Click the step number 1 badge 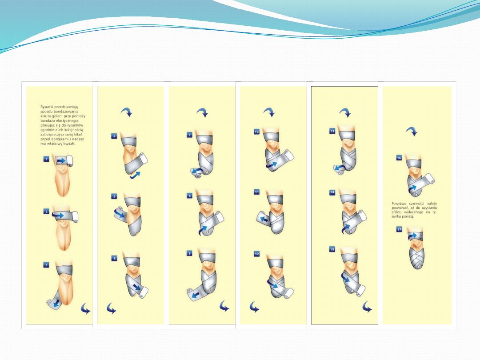click(46, 159)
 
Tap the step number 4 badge click(114, 136)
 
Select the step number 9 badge click(189, 253)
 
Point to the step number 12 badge click(257, 254)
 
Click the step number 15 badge click(332, 249)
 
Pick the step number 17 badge click(399, 229)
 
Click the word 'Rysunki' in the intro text click(47, 107)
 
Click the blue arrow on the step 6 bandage click(136, 287)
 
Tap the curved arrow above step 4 click(126, 112)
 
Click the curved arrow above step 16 click(412, 131)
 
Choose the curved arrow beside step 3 click(86, 308)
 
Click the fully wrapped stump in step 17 click(416, 258)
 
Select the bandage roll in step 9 click(191, 294)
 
